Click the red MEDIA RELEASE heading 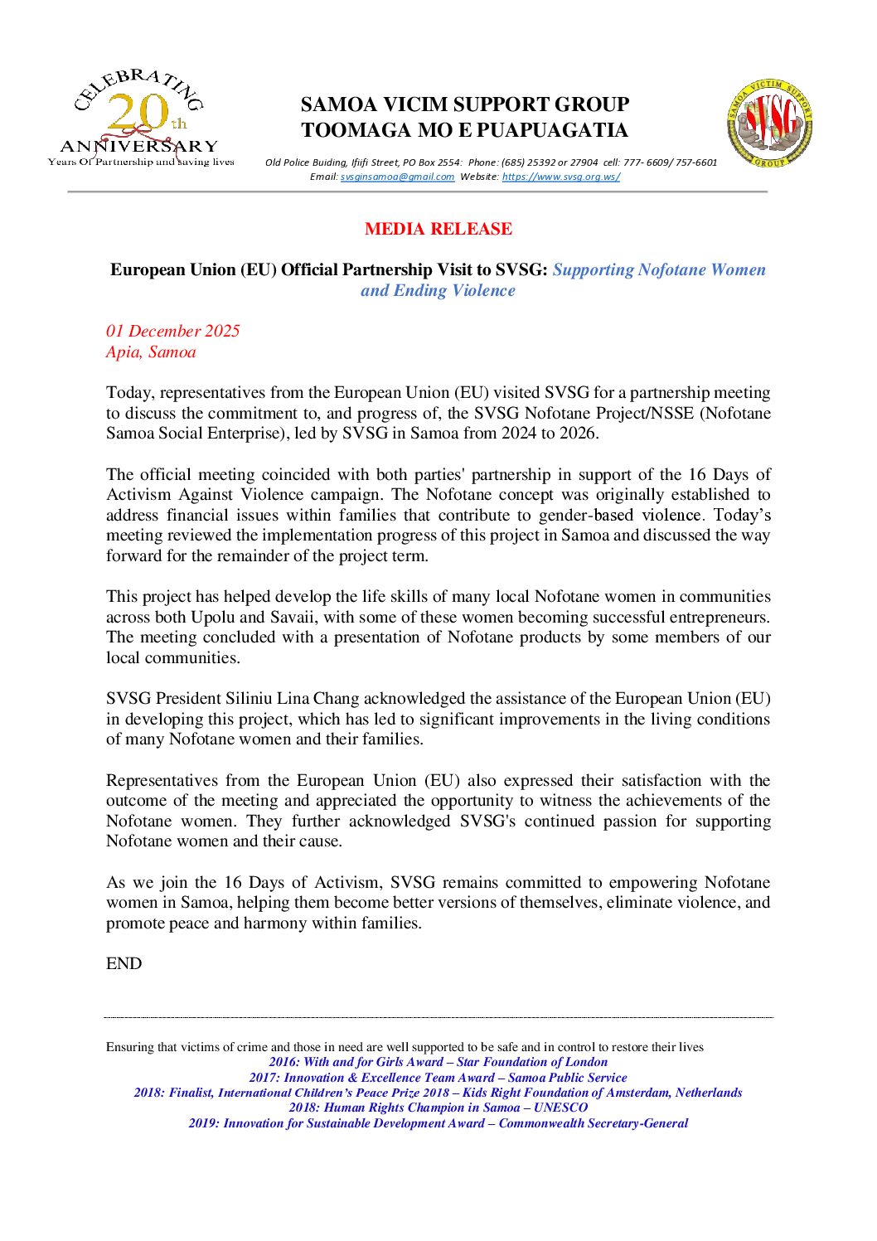438,229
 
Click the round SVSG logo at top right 769,124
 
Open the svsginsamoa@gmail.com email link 397,177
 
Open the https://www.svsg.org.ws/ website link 560,177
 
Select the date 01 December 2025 172,331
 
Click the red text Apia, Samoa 151,351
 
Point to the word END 124,963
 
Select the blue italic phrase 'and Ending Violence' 438,290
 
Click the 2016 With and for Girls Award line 438,1062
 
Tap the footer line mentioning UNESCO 438,1108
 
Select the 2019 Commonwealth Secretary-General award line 438,1123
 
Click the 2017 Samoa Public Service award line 438,1078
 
